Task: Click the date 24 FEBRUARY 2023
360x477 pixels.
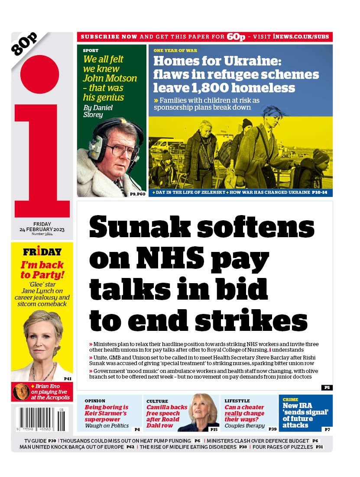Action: tap(42, 229)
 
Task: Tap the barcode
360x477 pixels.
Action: tap(42, 419)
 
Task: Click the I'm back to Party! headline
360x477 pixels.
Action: tap(42, 269)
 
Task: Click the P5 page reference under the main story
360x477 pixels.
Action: tap(327, 387)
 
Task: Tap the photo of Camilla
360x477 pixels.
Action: tap(204, 412)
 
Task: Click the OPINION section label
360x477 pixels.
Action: tap(95, 401)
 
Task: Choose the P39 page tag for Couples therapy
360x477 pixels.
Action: tap(272, 429)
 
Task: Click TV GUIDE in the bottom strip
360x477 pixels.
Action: tap(36, 441)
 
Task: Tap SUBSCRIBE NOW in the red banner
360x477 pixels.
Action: tap(109, 37)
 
